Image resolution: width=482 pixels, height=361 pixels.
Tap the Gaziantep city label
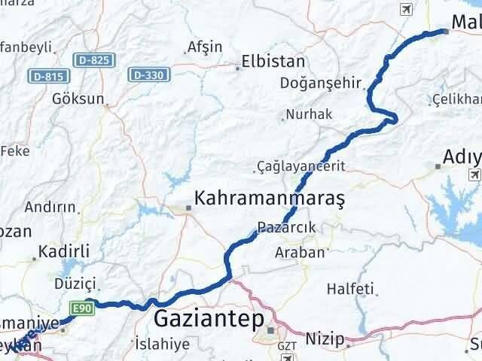208,319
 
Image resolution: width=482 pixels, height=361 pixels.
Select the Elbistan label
273,62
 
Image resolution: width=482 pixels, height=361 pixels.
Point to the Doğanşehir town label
321,82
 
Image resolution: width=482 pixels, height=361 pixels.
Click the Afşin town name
205,47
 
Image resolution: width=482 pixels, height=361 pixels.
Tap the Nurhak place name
307,114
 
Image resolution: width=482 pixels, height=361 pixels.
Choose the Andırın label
50,207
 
